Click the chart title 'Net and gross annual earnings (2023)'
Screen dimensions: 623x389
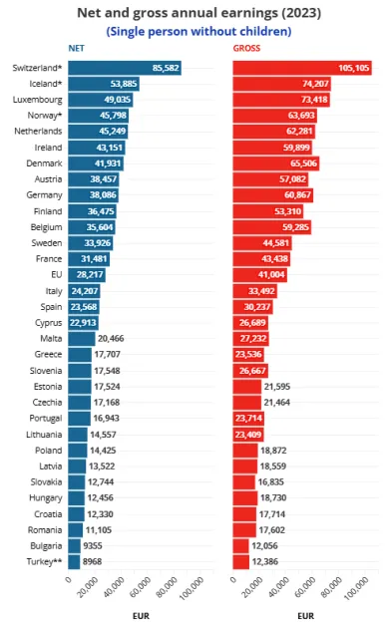(194, 12)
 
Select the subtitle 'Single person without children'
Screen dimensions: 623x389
(194, 31)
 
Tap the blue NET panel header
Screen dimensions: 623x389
(75, 48)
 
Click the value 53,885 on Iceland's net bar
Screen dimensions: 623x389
(123, 85)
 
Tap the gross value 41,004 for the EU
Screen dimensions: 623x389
(254, 273)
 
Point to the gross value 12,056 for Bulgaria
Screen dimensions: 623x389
(266, 546)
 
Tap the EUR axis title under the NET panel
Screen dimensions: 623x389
(141, 615)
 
